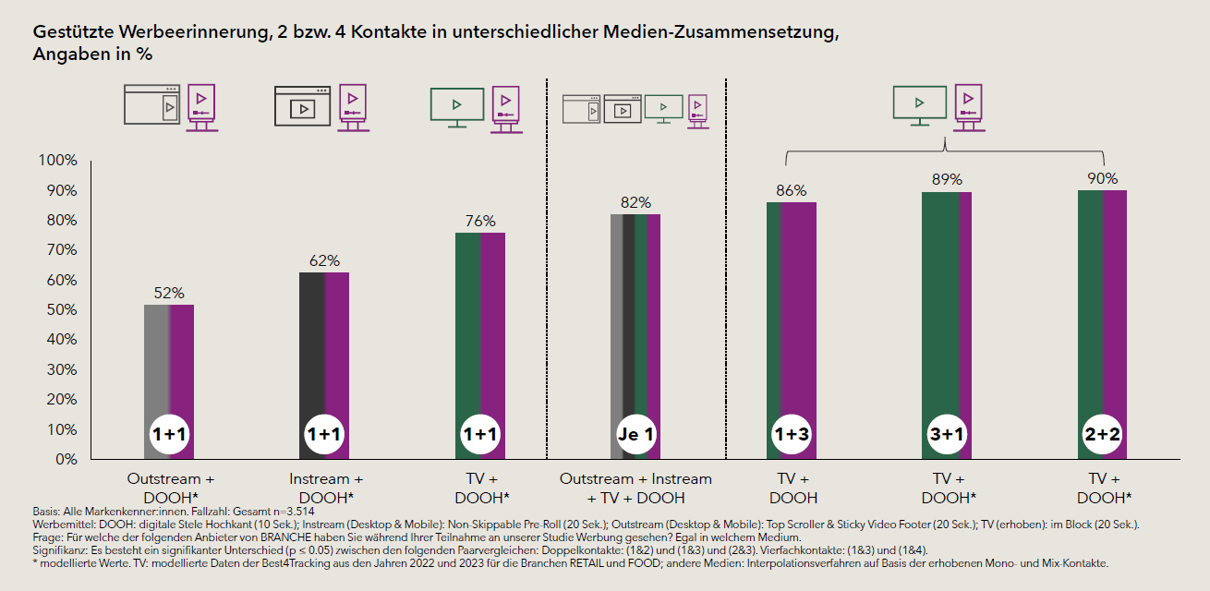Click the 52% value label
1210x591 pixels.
click(170, 293)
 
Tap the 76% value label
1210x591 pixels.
click(480, 221)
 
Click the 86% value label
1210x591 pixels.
click(792, 191)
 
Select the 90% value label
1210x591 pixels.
click(1103, 178)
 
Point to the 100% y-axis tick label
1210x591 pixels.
click(58, 161)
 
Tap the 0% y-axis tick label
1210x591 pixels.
click(66, 459)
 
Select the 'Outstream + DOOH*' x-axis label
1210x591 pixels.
click(170, 488)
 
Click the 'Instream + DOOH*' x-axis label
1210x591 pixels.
click(325, 488)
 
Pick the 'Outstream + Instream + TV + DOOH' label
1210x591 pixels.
click(635, 488)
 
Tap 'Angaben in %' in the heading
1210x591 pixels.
click(92, 54)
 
